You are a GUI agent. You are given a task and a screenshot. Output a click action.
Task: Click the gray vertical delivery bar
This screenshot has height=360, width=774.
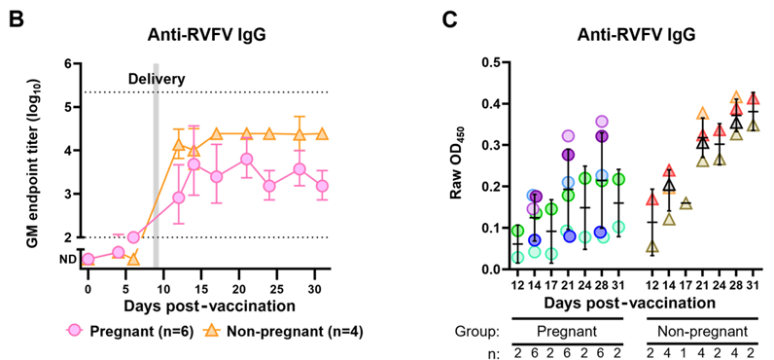click(156, 165)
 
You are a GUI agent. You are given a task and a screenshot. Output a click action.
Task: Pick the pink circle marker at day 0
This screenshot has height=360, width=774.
click(88, 259)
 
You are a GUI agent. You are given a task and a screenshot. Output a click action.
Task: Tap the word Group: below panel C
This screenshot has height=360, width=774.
click(477, 332)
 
